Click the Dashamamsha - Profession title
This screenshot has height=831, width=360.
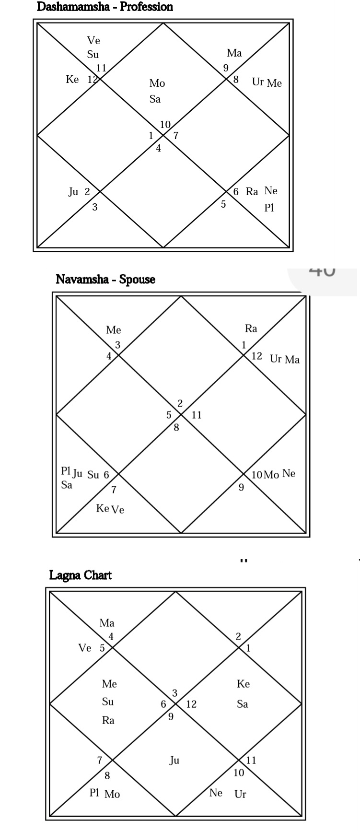coord(105,7)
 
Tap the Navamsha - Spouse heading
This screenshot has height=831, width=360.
coord(105,279)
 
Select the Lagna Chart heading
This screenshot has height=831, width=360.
coord(81,575)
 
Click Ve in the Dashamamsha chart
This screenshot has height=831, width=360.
coord(93,41)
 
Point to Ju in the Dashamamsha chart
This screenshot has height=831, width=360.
coord(73,192)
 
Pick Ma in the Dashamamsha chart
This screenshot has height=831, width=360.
coord(234,53)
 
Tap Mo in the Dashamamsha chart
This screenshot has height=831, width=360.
coord(157,83)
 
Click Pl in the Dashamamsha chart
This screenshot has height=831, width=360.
coord(269,208)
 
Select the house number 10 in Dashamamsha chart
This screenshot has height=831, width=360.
coord(165,125)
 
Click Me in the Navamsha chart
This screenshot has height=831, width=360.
coord(114,330)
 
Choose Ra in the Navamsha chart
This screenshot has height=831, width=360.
coord(251,328)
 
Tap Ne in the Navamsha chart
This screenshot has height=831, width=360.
coord(289,474)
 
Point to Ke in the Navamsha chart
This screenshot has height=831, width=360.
coord(103,508)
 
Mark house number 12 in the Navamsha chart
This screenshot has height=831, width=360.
coord(257,356)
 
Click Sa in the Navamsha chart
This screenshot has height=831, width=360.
coord(67,485)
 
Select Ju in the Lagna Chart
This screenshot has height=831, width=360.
coord(174,760)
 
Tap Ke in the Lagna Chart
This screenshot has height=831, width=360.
coord(243,684)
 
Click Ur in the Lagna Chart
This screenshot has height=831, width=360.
coord(240,794)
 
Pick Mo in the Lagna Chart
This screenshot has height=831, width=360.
coord(112,795)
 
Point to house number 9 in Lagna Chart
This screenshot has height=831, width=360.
coord(171,716)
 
